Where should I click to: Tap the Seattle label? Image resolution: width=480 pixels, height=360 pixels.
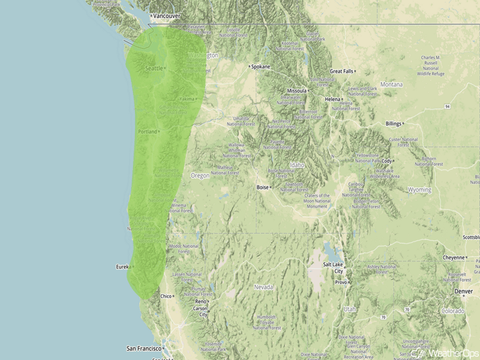tap(154, 68)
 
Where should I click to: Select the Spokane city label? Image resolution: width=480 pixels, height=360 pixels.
tap(261, 66)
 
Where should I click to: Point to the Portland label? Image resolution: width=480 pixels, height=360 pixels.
tap(147, 132)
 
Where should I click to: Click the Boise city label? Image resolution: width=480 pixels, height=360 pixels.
tap(263, 188)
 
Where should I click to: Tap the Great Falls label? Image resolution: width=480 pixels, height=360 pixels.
tap(341, 71)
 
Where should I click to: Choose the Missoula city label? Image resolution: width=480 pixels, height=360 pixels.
tap(297, 91)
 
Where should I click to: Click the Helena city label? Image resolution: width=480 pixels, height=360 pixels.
tap(332, 99)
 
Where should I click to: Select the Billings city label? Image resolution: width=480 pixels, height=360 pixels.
tap(393, 123)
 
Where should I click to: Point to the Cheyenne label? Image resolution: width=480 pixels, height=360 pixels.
tap(453, 257)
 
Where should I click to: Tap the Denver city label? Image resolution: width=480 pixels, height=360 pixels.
tap(463, 291)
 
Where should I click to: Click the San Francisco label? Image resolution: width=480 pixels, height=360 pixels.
tap(143, 348)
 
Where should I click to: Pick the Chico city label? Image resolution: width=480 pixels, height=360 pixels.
tap(166, 296)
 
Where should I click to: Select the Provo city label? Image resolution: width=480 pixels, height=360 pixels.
tap(341, 282)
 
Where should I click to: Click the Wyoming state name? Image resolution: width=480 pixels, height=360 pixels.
tap(420, 190)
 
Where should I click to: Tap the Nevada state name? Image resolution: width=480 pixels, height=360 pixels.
tap(263, 287)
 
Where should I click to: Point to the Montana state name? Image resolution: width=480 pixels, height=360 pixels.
tap(391, 84)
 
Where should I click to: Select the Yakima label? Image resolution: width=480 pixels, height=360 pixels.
tap(186, 99)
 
